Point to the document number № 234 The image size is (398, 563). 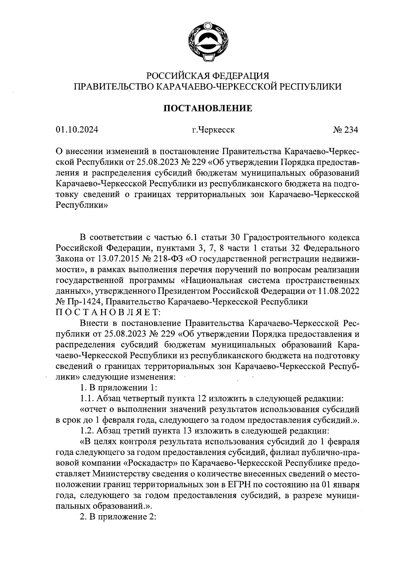tap(346, 130)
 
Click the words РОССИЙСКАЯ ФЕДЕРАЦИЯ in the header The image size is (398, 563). tap(207, 76)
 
